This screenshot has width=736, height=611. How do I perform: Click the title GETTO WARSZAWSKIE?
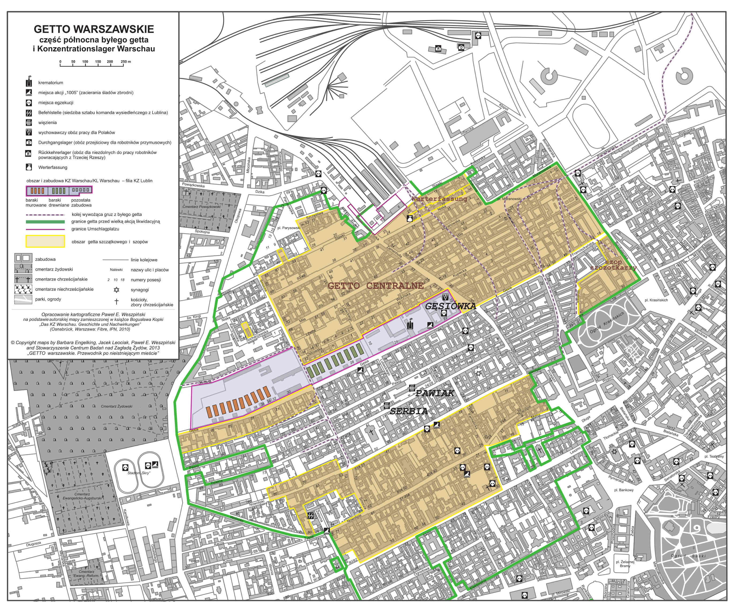click(x=94, y=29)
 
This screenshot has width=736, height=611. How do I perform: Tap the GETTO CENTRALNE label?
click(x=375, y=286)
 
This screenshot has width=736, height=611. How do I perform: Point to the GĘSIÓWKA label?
click(x=450, y=306)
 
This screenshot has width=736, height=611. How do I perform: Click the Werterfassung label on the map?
click(x=439, y=199)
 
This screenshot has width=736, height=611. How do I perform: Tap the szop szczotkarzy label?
click(x=613, y=265)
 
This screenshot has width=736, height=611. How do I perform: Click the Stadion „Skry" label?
click(x=139, y=473)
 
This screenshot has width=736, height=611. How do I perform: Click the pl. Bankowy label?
click(x=624, y=490)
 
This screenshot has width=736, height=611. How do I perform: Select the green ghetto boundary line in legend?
click(x=45, y=222)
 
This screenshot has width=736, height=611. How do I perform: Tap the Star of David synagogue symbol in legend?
click(x=116, y=290)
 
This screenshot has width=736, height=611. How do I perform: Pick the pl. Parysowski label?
click(x=289, y=228)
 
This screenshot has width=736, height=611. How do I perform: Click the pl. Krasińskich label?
click(x=656, y=300)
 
